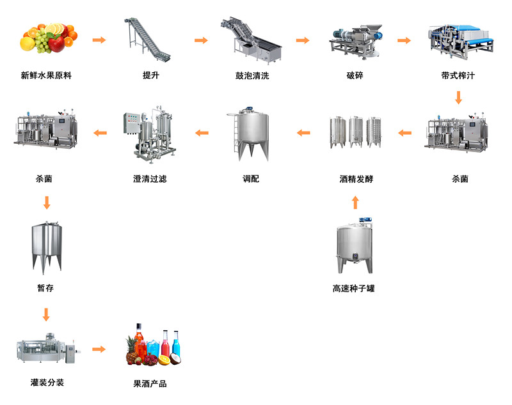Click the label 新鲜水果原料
coord(46,75)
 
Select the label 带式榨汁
coord(458,75)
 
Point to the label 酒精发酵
coord(356,179)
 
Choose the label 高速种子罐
coord(354,289)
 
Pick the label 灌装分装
coord(47,383)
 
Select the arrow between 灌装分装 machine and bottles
coord(99,349)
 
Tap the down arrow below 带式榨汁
coord(458,98)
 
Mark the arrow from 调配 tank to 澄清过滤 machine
coord(202,133)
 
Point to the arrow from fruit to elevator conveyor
coord(99,40)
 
